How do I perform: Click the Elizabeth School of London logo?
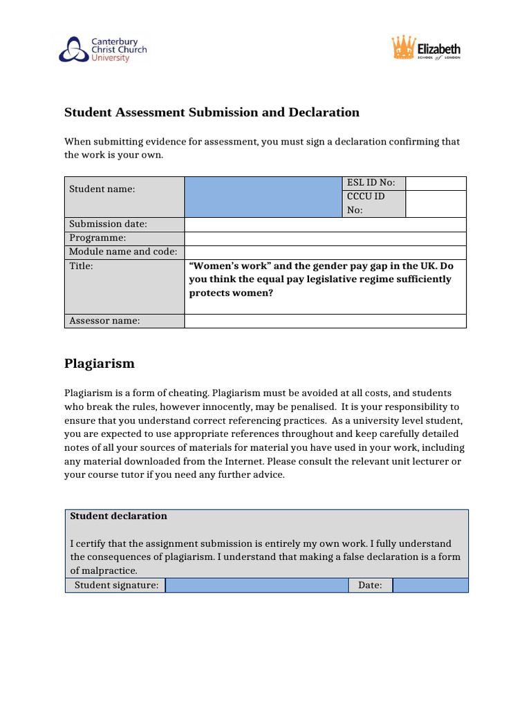click(x=426, y=50)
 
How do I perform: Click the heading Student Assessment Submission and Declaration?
click(x=212, y=112)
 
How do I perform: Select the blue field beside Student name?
click(x=263, y=196)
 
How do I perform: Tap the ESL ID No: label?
click(x=371, y=183)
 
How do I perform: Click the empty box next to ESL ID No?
click(x=436, y=183)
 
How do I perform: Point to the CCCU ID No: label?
click(x=366, y=203)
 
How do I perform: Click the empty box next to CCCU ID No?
click(x=436, y=203)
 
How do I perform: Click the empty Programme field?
click(x=325, y=238)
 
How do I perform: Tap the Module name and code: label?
click(x=123, y=252)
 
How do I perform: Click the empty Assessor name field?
click(x=325, y=320)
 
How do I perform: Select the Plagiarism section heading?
click(x=100, y=364)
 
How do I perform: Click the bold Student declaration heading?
click(x=118, y=516)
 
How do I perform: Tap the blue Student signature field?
click(x=257, y=586)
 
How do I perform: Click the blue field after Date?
click(x=430, y=586)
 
